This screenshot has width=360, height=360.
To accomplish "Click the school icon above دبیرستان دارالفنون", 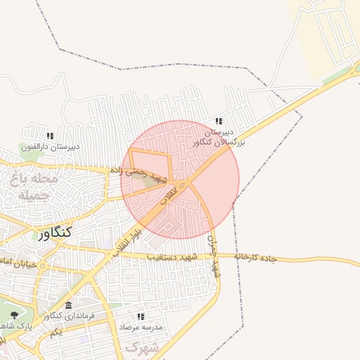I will coord(49,136).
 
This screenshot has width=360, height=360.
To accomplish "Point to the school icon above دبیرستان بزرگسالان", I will coord(218,121).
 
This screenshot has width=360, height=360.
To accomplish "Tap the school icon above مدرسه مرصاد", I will coord(141,316).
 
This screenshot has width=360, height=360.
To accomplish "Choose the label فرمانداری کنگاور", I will coord(71,316).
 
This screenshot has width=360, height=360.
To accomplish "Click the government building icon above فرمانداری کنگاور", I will coord(68,305).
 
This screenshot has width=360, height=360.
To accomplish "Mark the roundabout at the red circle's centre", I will coord(182,184).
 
